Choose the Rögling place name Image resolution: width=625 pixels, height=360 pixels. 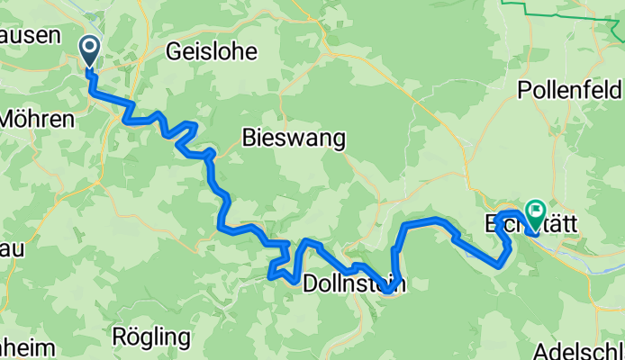pyautogui.click(x=151, y=338)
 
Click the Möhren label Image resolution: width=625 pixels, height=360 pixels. pyautogui.click(x=36, y=117)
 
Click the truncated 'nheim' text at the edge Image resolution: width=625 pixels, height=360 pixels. pyautogui.click(x=27, y=348)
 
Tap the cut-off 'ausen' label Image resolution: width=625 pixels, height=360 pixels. pyautogui.click(x=30, y=35)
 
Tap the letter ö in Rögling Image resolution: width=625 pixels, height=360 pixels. pyautogui.click(x=131, y=338)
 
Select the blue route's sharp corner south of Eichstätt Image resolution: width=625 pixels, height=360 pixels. pyautogui.click(x=501, y=265)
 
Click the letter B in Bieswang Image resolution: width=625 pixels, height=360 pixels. pyautogui.click(x=249, y=138)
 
